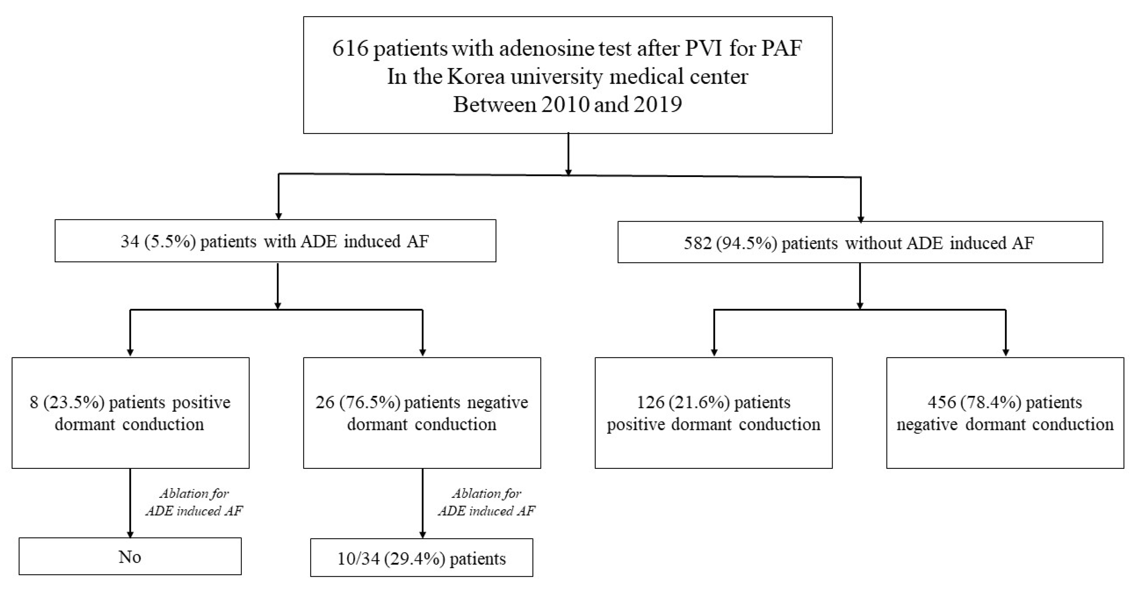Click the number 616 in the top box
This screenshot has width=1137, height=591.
(350, 48)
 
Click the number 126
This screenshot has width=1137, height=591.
(650, 402)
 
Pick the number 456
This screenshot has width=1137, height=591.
(941, 402)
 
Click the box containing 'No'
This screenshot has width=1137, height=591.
(130, 556)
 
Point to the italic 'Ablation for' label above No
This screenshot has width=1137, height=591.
(194, 493)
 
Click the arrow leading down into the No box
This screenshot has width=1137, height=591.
(130, 503)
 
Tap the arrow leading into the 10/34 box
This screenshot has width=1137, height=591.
(423, 503)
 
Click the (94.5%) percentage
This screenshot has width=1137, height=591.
(746, 243)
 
